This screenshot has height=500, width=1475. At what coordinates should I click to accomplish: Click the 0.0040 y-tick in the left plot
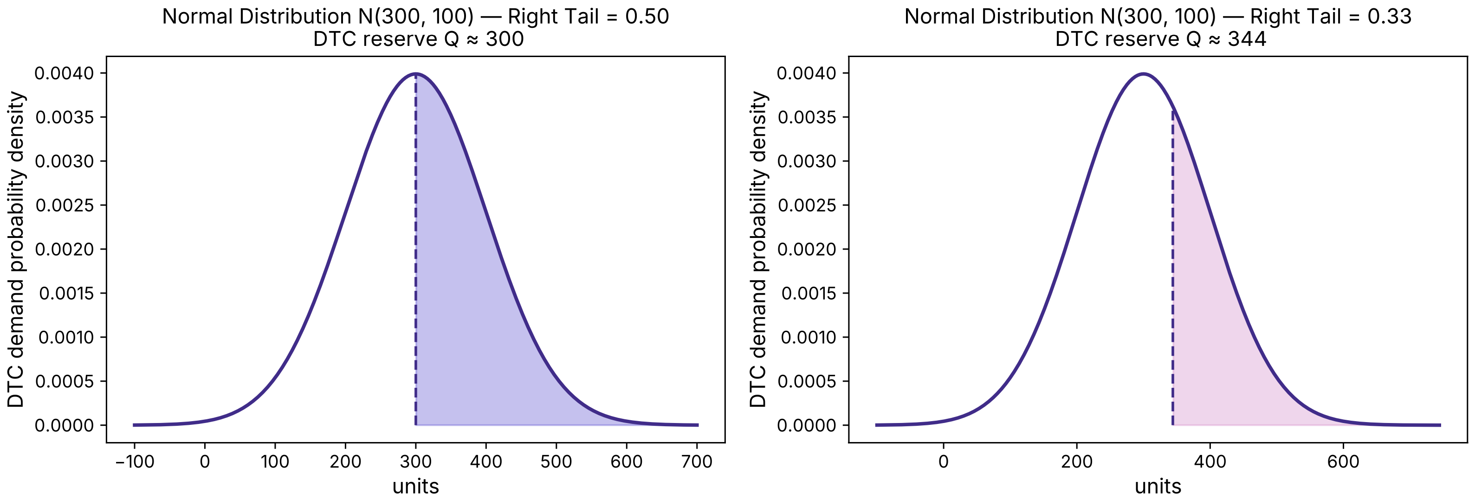[x=64, y=73]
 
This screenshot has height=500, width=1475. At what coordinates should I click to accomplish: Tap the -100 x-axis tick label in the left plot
[x=135, y=462]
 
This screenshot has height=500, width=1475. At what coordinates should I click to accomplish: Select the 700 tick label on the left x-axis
[x=697, y=462]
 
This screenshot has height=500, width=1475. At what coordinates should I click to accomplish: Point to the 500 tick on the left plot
[x=556, y=462]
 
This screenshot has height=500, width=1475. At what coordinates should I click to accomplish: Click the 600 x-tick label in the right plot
[x=1343, y=462]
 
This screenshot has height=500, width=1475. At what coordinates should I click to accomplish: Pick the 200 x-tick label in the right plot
[x=1076, y=462]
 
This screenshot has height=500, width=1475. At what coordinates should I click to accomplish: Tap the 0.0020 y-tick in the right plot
[x=806, y=250]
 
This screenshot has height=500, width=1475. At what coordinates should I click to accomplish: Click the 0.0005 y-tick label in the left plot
[x=64, y=382]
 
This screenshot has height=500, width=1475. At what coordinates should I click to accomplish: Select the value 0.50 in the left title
[x=647, y=17]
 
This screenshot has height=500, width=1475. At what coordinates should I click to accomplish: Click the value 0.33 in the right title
[x=1389, y=17]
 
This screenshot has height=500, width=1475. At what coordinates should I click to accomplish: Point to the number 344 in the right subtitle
[x=1247, y=39]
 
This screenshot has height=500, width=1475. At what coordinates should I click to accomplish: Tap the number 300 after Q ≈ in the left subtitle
[x=505, y=39]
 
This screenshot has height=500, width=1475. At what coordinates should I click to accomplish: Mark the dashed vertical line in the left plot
[x=416, y=257]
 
